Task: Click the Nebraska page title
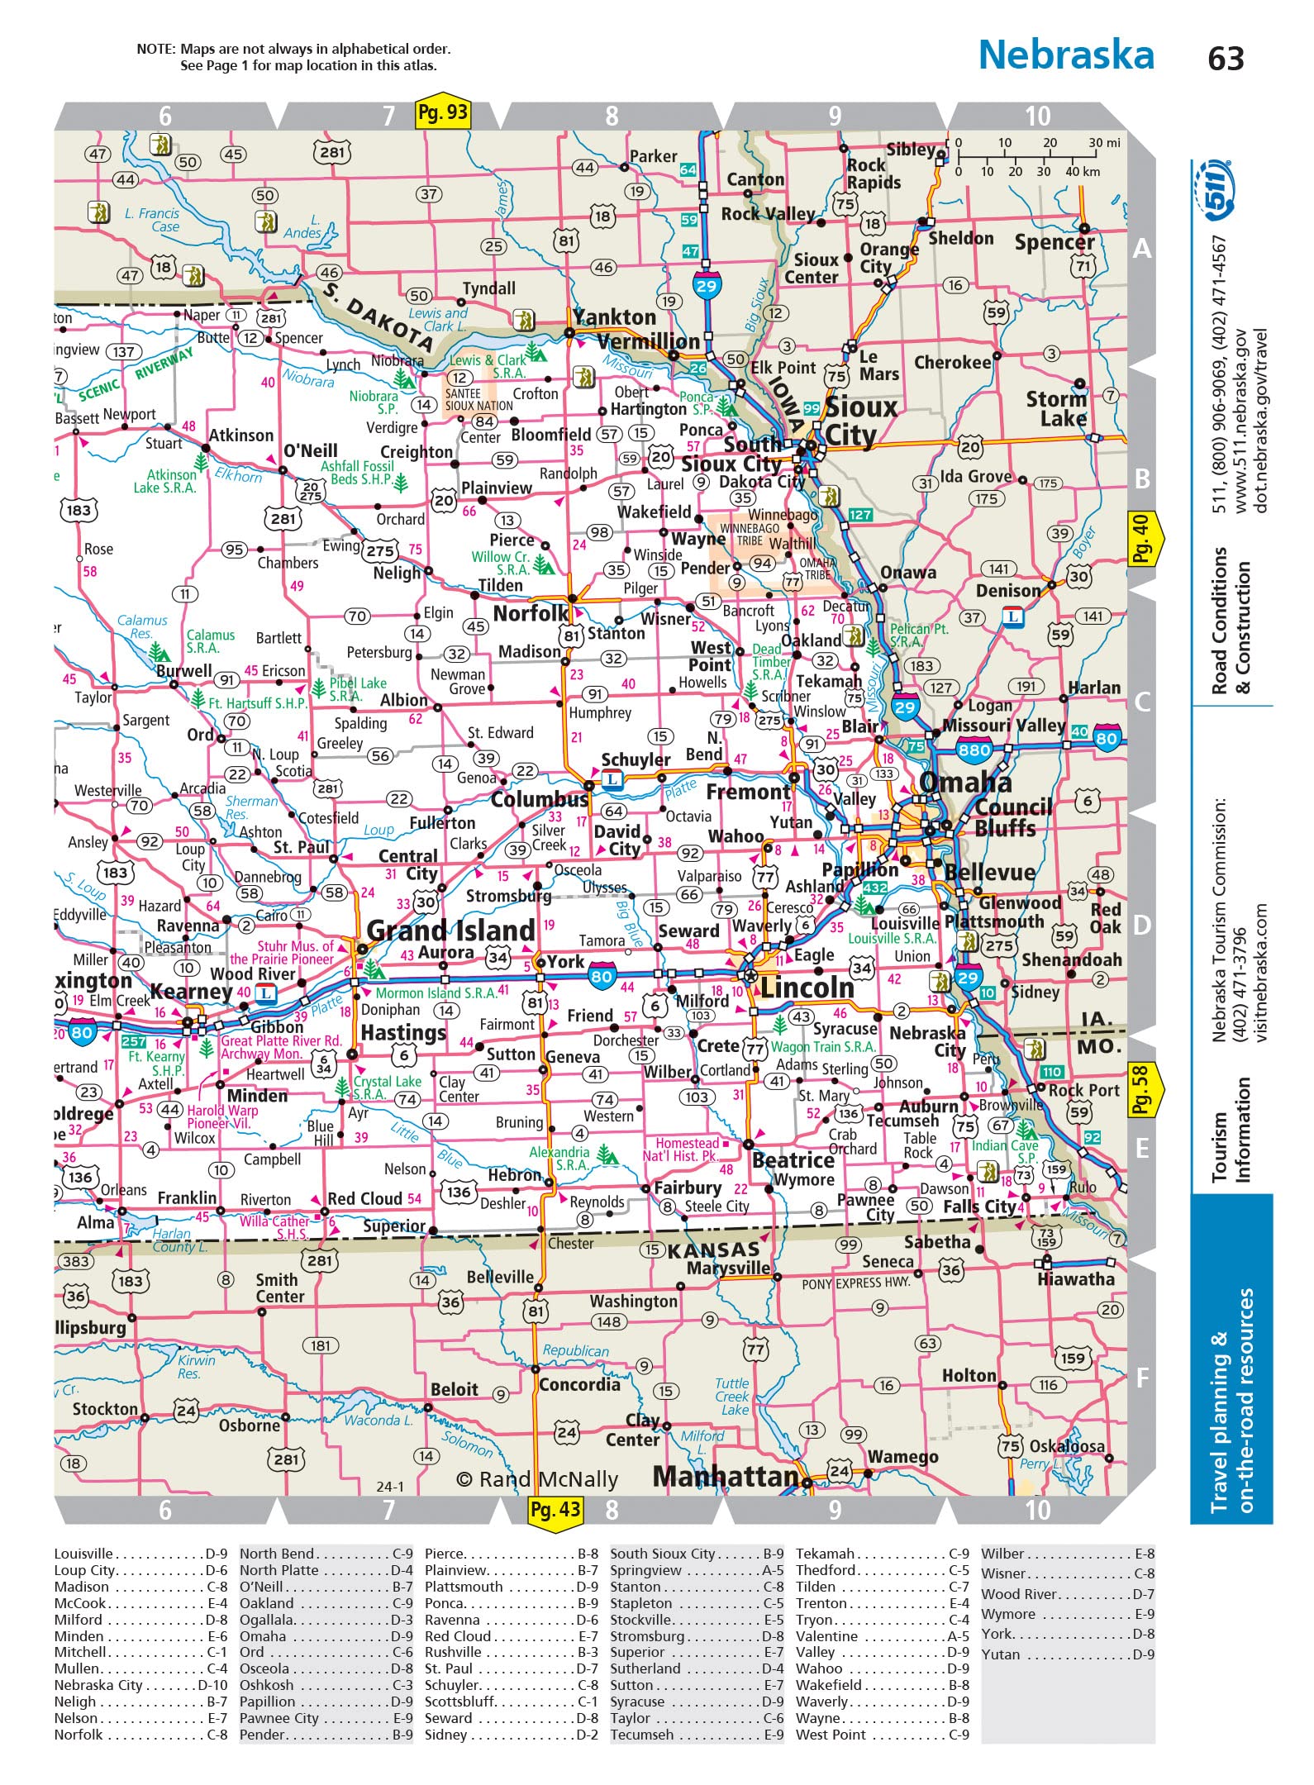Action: click(x=1066, y=55)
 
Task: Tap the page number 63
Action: click(x=1226, y=58)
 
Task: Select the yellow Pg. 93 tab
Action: click(x=442, y=112)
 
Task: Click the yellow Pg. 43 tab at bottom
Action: click(x=555, y=1510)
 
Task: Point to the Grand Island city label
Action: click(x=450, y=931)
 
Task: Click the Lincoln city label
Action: click(x=807, y=988)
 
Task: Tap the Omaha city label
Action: click(x=964, y=782)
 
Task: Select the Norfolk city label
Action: click(x=530, y=613)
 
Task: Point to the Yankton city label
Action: click(x=615, y=317)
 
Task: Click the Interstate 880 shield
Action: click(x=974, y=750)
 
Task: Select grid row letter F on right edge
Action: click(x=1142, y=1378)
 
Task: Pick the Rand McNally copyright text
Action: click(x=537, y=1479)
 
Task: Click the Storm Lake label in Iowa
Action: click(x=1056, y=409)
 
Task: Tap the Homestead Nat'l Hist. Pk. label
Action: click(x=687, y=1150)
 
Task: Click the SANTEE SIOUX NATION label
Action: click(x=478, y=400)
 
